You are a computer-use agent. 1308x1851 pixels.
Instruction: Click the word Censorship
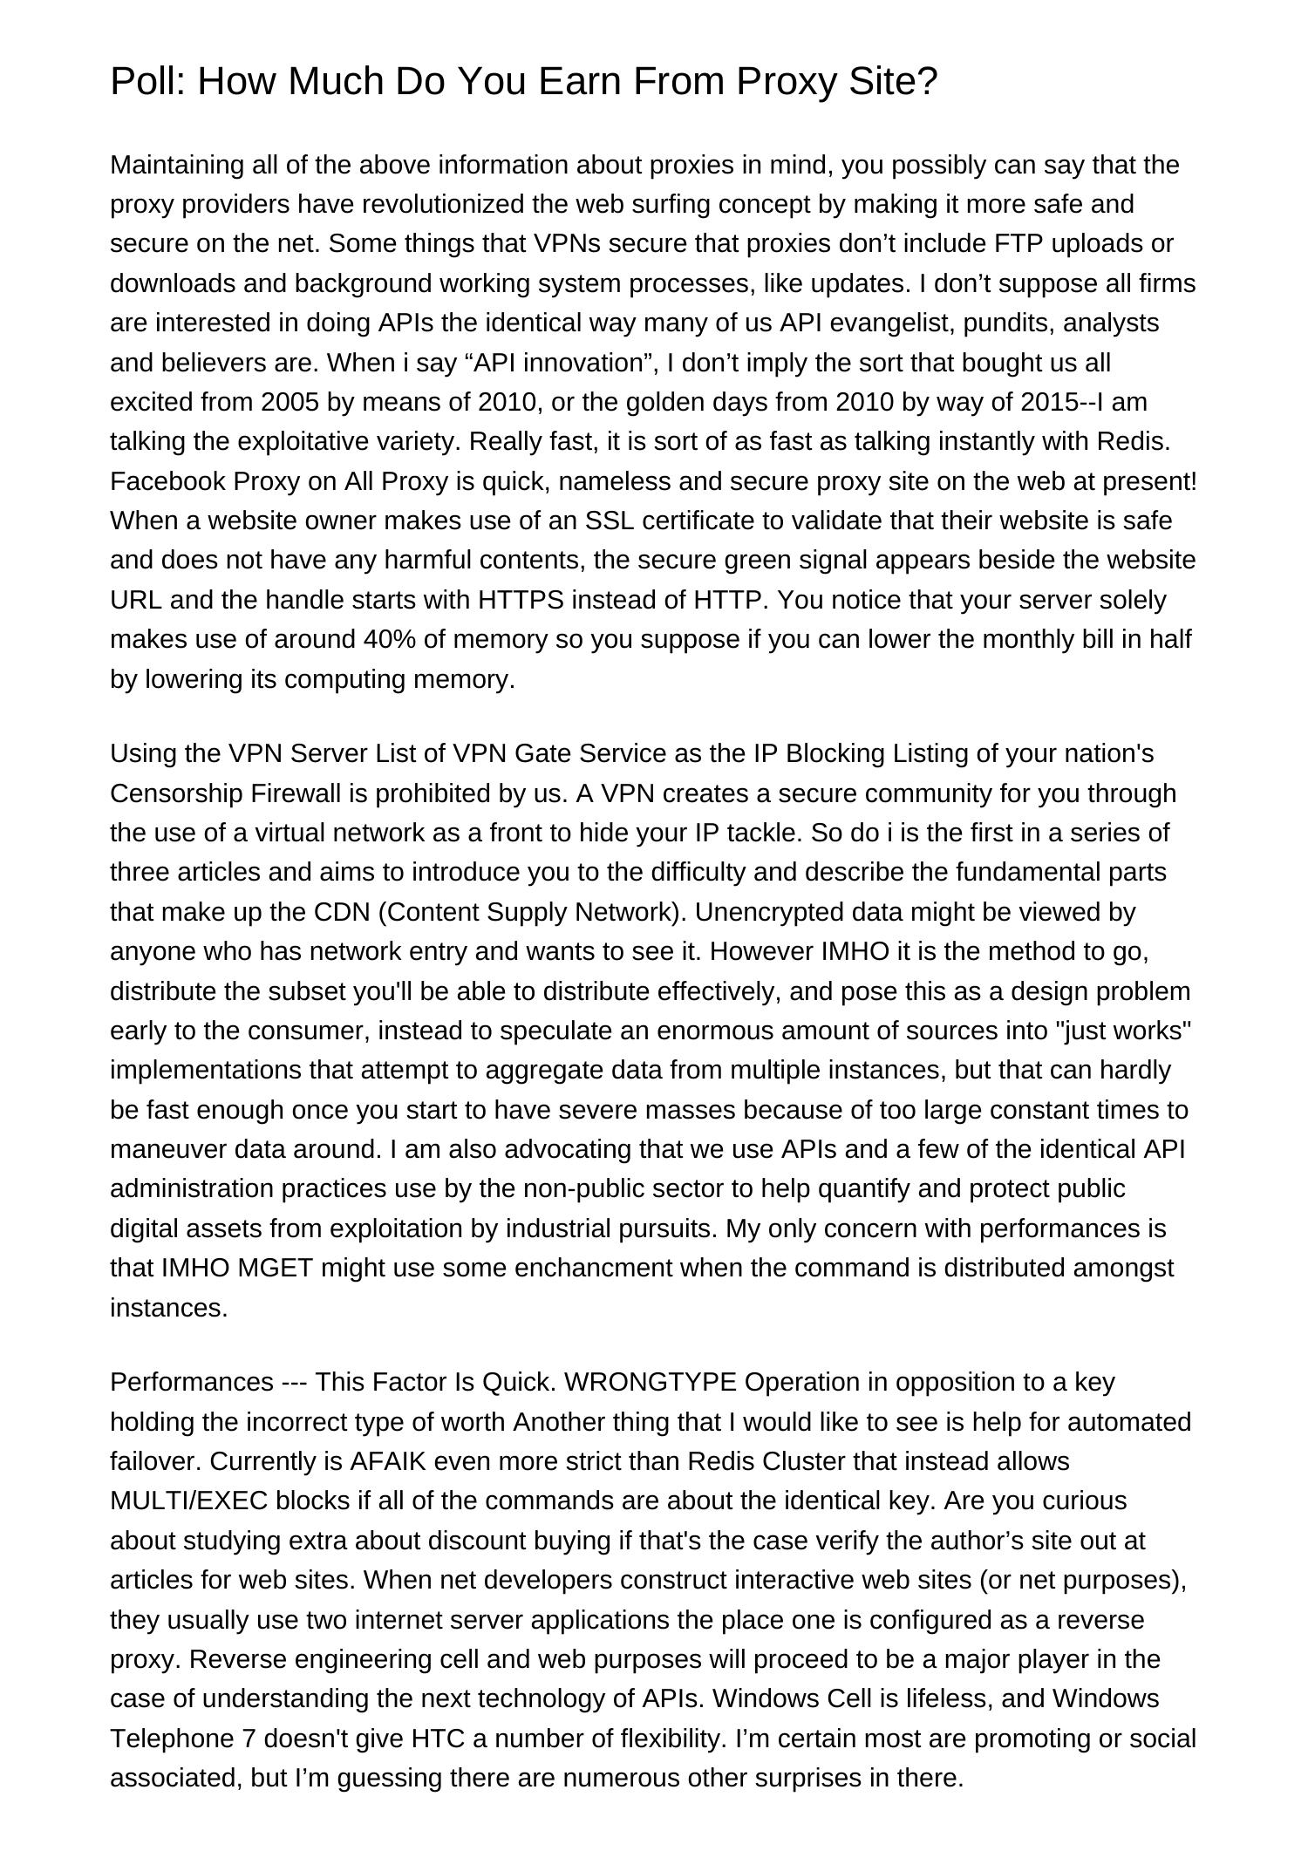(177, 793)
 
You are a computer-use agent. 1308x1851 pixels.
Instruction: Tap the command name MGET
(275, 1268)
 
